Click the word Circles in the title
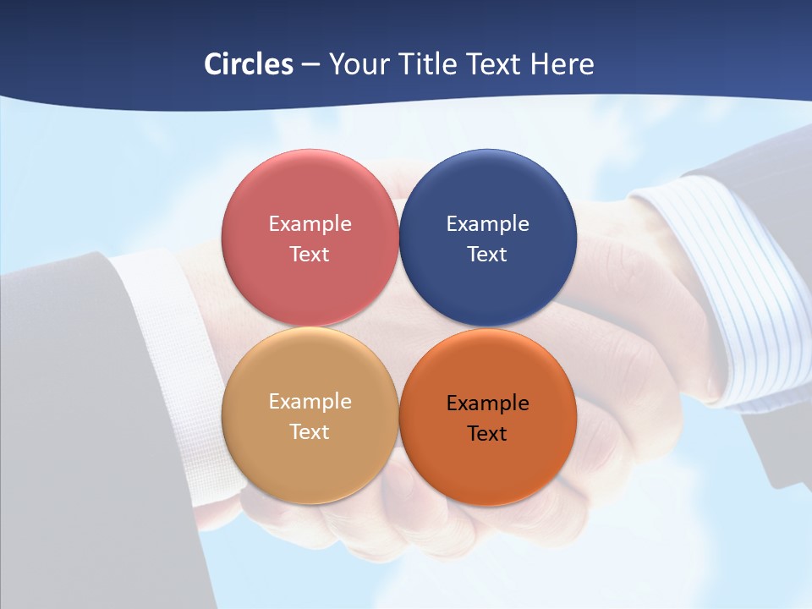pos(248,64)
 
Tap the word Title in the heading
pos(430,64)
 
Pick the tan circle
pos(310,461)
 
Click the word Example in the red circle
pos(310,223)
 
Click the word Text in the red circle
pos(310,254)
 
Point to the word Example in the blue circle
pos(488,223)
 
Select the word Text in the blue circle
pos(488,254)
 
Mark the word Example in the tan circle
pos(310,401)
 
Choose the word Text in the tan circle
pos(310,431)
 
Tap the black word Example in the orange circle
pos(488,403)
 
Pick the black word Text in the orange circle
pos(488,433)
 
